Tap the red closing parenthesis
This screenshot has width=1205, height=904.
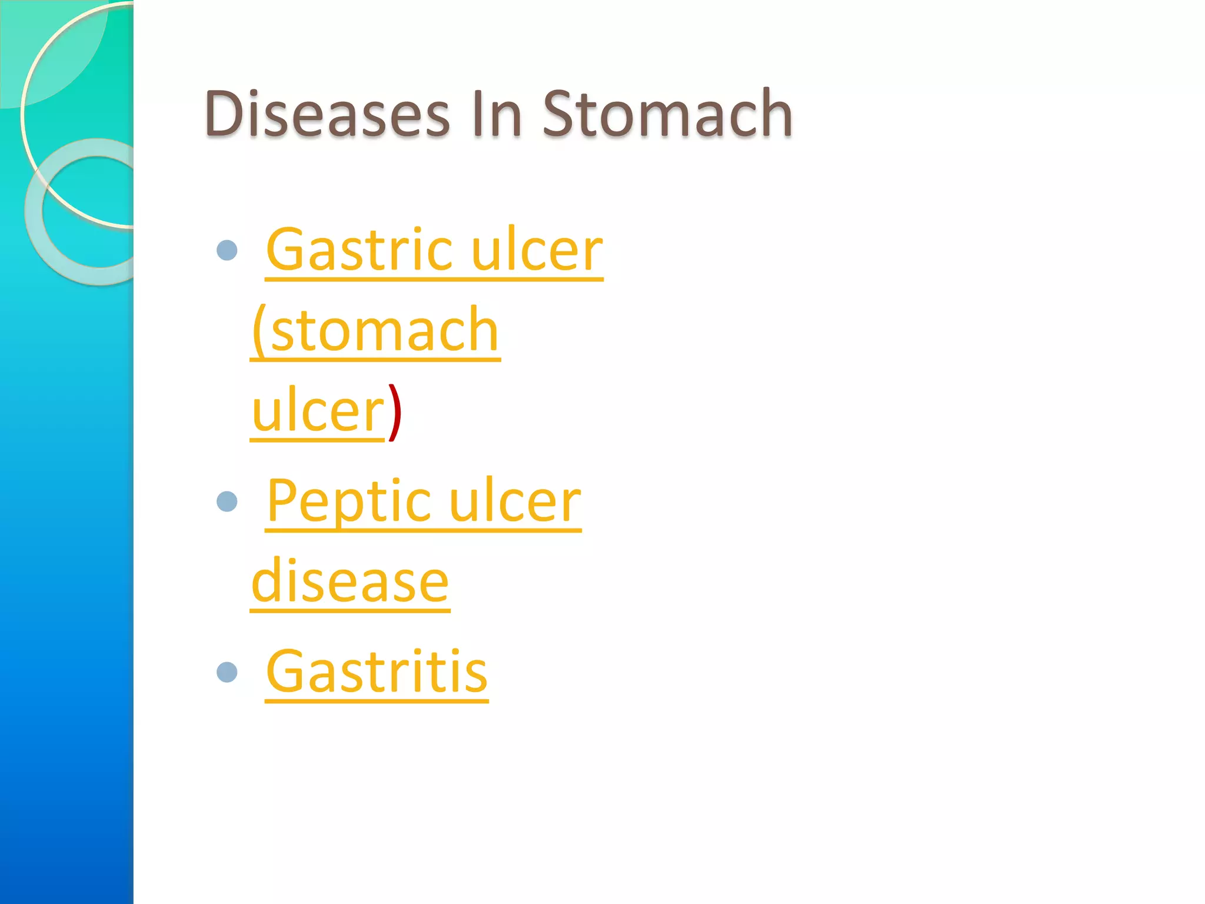click(x=395, y=412)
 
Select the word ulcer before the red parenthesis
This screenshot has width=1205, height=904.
click(x=318, y=412)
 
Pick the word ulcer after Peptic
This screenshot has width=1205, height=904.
click(x=515, y=502)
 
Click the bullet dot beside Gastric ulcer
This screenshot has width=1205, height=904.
click(x=227, y=251)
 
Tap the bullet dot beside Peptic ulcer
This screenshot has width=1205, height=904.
click(x=227, y=502)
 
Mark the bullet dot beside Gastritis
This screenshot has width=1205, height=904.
click(x=227, y=672)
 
